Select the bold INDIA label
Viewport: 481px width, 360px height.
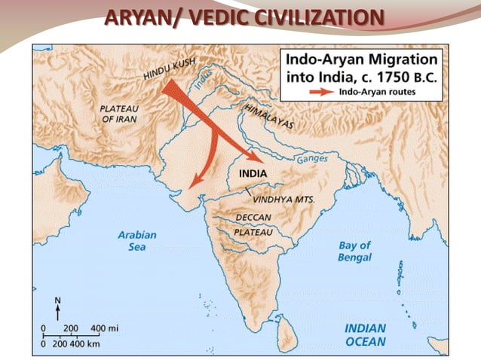tap(253, 174)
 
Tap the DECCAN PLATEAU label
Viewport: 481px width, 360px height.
tap(253, 224)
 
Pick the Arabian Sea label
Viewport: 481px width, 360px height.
tap(137, 241)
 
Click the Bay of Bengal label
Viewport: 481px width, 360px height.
tap(354, 252)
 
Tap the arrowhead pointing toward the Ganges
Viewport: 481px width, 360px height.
tap(258, 159)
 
